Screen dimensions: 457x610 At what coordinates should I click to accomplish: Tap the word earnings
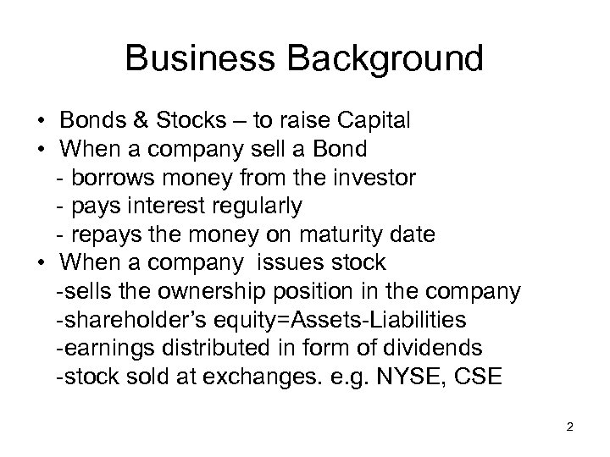(x=99, y=348)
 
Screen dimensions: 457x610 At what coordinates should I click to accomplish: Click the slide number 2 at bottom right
(x=569, y=427)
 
